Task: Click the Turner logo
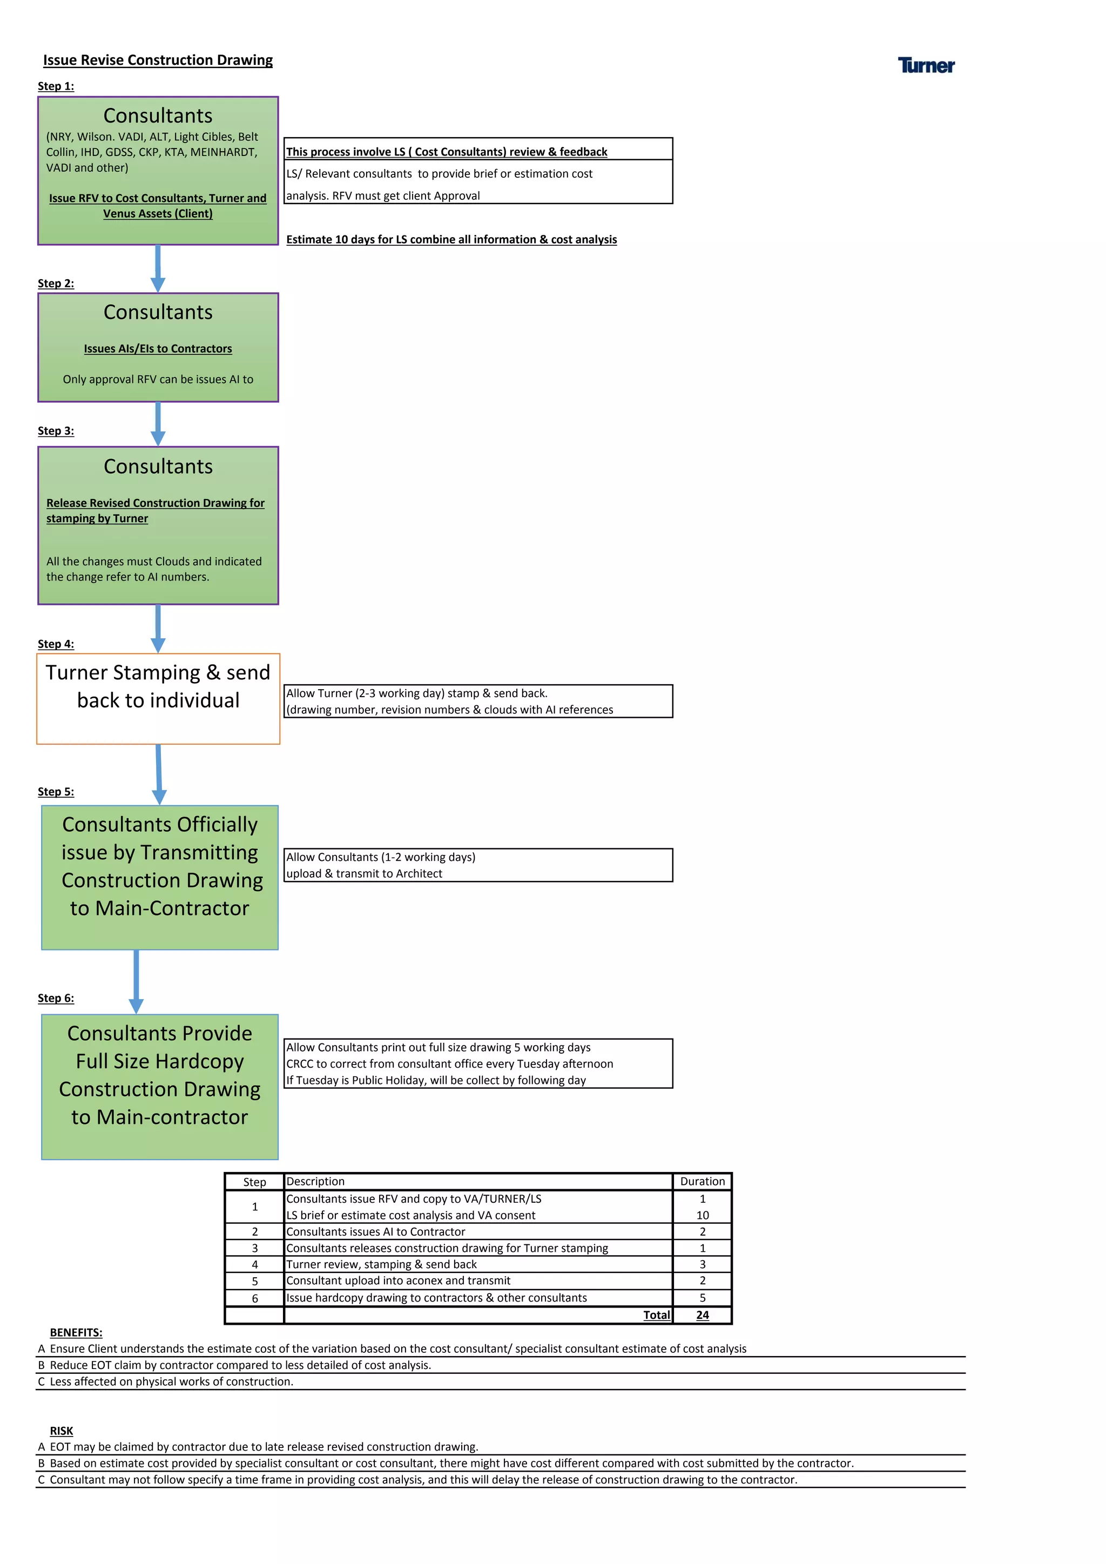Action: tap(926, 65)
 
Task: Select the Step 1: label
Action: tap(56, 86)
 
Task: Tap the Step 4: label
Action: tap(56, 644)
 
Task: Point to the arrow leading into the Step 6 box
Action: tap(136, 981)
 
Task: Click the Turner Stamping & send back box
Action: tap(158, 698)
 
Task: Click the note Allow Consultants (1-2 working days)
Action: tap(381, 857)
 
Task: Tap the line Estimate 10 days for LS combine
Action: tap(451, 239)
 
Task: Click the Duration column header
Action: tap(702, 1181)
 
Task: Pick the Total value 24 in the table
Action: tap(702, 1314)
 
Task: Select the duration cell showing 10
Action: tap(702, 1215)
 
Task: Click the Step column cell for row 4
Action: tap(255, 1264)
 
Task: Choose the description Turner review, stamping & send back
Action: tap(381, 1264)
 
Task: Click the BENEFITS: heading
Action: tap(76, 1332)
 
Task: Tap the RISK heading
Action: tap(61, 1431)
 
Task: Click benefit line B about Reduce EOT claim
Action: tap(240, 1365)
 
